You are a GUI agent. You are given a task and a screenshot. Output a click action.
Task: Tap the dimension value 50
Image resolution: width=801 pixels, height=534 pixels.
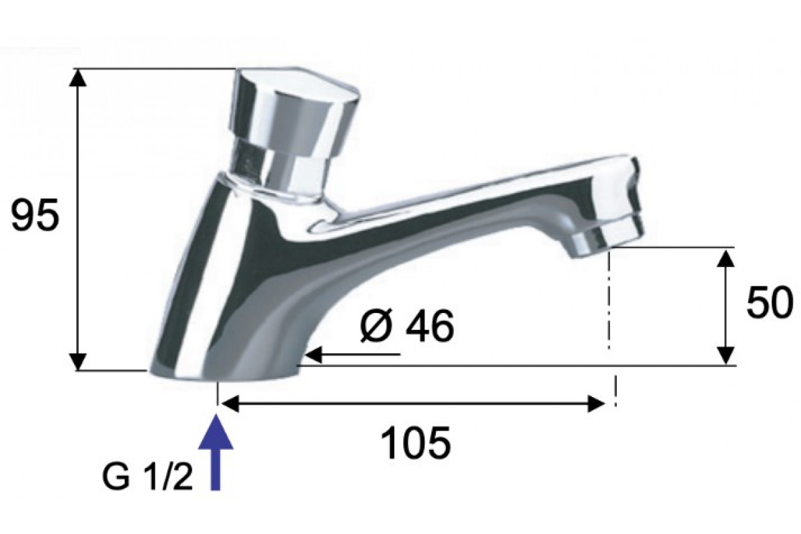(769, 302)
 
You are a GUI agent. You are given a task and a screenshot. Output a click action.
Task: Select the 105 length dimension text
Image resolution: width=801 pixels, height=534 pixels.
(415, 443)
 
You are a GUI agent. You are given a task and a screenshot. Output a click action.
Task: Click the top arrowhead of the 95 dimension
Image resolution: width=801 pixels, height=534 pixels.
(77, 77)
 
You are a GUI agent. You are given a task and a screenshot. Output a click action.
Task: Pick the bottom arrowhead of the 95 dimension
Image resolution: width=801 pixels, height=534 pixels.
(77, 362)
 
